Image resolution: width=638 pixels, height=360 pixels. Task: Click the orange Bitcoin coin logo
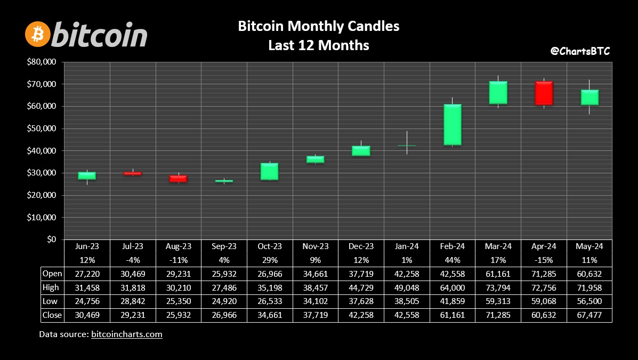[x=38, y=34]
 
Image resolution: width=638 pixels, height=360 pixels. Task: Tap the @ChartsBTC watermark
[x=580, y=51]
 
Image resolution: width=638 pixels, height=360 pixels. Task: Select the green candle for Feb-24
[x=453, y=125]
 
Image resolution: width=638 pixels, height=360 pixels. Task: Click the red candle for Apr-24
[x=544, y=93]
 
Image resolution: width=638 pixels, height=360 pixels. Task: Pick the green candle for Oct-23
[x=270, y=171]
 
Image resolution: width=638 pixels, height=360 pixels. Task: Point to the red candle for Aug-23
[x=178, y=179]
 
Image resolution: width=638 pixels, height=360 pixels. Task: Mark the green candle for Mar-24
[x=498, y=93]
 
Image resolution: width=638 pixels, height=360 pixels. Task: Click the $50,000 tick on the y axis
[x=42, y=129]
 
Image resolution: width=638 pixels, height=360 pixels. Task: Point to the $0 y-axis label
[x=51, y=239]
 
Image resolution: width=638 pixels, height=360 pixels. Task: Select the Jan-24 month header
[x=407, y=246]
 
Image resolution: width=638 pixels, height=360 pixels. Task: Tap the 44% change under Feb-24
[x=453, y=260]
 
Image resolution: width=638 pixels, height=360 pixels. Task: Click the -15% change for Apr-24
[x=544, y=260]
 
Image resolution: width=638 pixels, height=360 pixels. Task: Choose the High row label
[x=51, y=287]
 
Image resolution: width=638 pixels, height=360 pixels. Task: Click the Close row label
[x=52, y=315]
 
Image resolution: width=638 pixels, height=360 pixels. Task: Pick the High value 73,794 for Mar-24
[x=498, y=288]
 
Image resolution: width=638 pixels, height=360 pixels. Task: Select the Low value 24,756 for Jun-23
[x=87, y=302]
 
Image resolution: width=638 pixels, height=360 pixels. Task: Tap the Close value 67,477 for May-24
[x=589, y=315]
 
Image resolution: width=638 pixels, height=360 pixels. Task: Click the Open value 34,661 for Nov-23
[x=316, y=274]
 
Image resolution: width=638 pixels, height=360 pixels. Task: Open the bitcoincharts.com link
[x=126, y=334]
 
